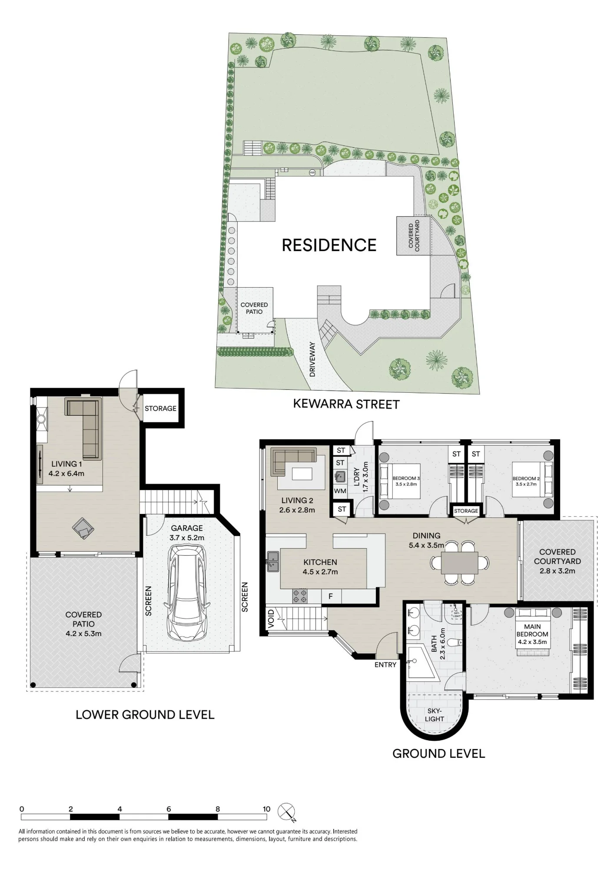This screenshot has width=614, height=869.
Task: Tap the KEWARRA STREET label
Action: tap(346, 404)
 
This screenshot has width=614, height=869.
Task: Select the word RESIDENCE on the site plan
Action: tap(329, 245)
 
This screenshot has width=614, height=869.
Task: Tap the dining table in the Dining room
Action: tap(460, 563)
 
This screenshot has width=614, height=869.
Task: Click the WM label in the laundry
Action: tap(340, 491)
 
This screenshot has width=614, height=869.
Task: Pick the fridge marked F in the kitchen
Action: tap(331, 597)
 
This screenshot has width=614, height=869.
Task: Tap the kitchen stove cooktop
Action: tap(300, 596)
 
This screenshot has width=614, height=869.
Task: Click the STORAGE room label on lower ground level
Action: tap(160, 408)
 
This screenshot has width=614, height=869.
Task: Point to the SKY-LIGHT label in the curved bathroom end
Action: tap(435, 715)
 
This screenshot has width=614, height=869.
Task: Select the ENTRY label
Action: tap(385, 664)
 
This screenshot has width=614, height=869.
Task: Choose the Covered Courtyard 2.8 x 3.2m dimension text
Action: tap(557, 571)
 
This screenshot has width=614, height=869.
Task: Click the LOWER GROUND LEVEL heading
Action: tap(145, 715)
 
